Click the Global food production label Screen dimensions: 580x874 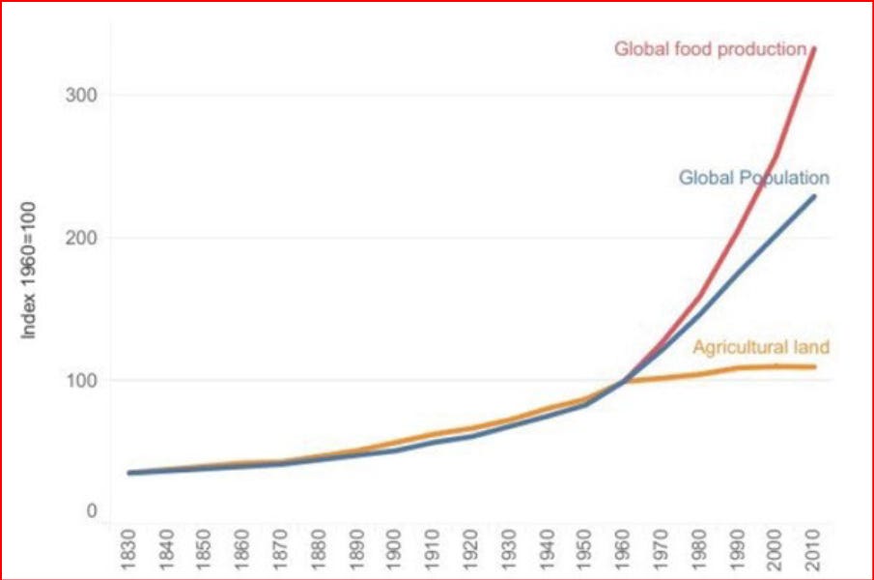[710, 48]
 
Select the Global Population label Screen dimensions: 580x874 [753, 178]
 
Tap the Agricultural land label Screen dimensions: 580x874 [761, 348]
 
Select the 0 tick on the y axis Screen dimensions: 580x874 [92, 509]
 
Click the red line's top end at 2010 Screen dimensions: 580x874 [815, 48]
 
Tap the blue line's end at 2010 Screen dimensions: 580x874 [815, 196]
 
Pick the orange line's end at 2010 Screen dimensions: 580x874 [815, 366]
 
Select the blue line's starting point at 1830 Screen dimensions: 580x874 [129, 473]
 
